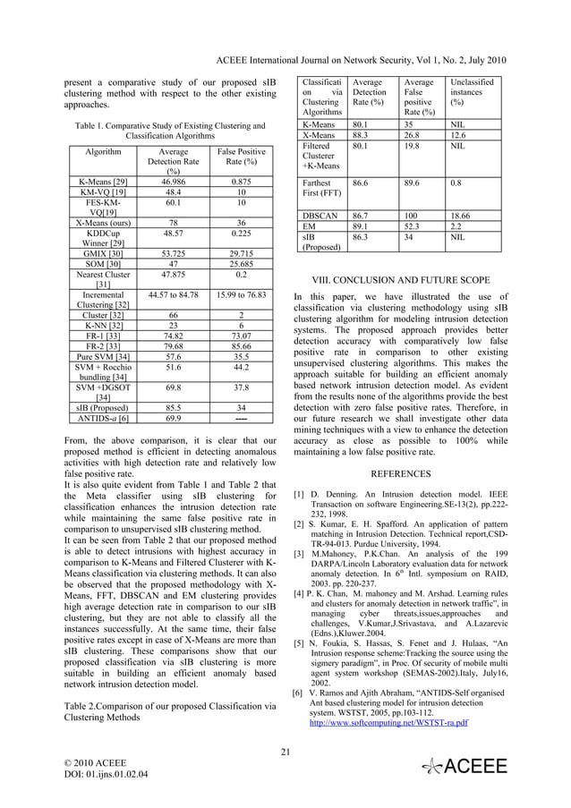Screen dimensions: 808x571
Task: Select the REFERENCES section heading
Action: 400,474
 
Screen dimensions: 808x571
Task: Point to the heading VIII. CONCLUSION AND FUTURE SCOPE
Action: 400,278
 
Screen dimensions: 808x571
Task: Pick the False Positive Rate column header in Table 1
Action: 241,158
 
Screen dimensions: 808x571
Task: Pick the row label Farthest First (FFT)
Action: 320,187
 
